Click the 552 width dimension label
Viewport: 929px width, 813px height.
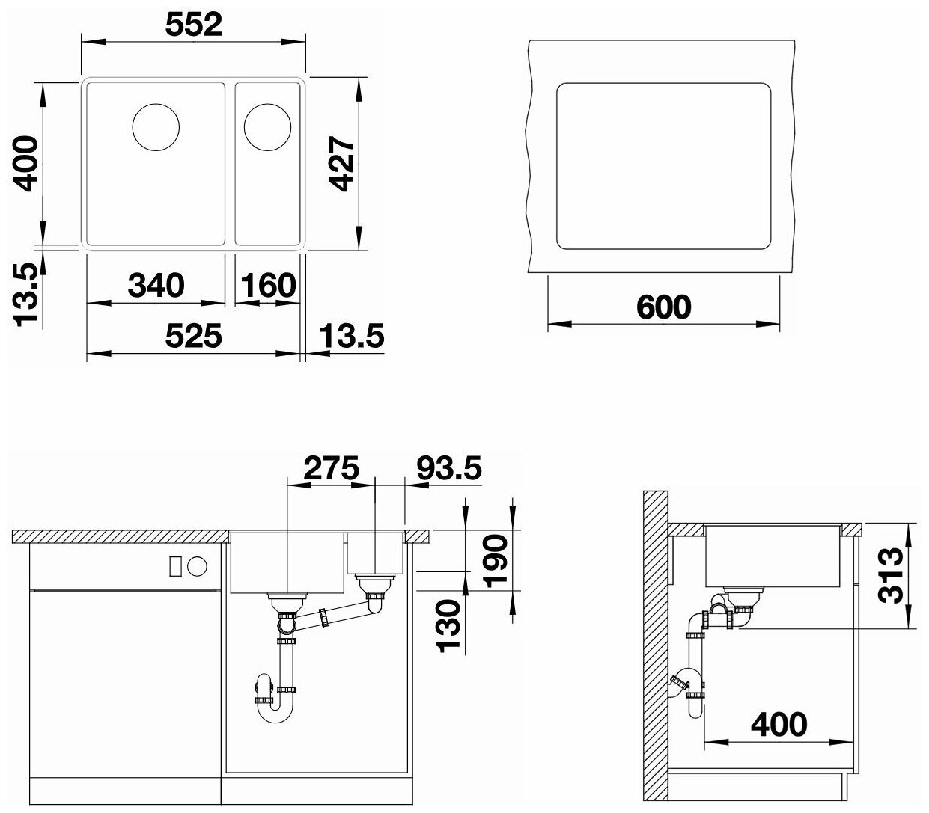(x=193, y=25)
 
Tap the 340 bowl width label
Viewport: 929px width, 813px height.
(x=156, y=286)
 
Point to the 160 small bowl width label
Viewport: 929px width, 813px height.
(x=268, y=286)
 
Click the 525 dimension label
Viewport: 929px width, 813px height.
(x=193, y=336)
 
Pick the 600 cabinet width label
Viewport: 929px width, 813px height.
(x=664, y=307)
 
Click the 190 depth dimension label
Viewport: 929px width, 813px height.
(x=495, y=561)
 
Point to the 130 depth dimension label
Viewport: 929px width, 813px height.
(x=448, y=626)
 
